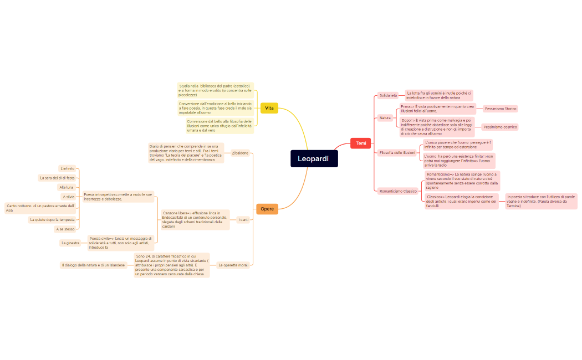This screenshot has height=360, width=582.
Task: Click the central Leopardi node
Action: coord(314,158)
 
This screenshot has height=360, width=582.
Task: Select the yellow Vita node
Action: coord(269,108)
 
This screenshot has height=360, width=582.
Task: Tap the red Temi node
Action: coord(361,143)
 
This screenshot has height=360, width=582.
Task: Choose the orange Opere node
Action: coord(267,209)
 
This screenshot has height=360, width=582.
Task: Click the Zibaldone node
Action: coord(240,153)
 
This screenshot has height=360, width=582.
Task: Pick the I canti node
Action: coord(243,220)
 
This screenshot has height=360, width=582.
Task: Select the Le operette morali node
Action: coord(233,265)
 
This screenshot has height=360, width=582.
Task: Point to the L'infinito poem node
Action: coord(67,168)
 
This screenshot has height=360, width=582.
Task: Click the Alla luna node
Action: coord(67,187)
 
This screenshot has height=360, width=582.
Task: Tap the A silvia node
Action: coord(69,197)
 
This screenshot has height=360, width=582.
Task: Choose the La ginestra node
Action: coord(70,243)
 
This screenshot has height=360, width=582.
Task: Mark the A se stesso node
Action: coord(65,229)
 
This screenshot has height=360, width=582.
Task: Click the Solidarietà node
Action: coord(388,95)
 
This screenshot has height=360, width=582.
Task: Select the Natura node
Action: coord(385,117)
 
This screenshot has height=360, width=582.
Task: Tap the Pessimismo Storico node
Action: coord(501,109)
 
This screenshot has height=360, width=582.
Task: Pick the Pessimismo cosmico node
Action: coord(500,127)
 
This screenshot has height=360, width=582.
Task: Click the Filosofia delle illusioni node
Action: coord(397,152)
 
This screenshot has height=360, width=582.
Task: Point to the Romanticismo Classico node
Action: coord(398,191)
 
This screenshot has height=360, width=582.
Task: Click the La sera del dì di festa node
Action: coord(57,178)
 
